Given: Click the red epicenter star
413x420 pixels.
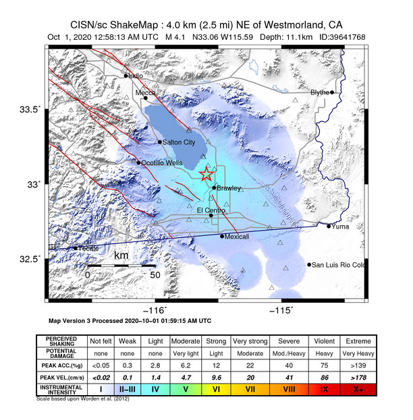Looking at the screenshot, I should pos(206,175).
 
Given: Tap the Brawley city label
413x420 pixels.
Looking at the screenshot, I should pos(229,188).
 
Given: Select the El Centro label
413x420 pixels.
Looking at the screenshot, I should pos(209,210).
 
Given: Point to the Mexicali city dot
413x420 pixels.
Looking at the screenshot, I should pos(223,236).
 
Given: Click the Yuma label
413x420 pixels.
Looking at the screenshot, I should pos(339,227).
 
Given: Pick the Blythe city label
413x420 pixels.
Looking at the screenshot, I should pos(320,92).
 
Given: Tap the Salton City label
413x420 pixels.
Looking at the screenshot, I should pos(180,142).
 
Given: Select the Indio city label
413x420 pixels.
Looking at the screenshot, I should pos(137,76).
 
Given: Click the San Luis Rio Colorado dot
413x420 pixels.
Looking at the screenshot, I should pos(310,264).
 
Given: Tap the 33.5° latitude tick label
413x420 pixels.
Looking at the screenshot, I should pos(30,109).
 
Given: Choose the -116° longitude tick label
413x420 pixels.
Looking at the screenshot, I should pos(158,309).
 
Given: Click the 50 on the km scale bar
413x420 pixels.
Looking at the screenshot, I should pos(154,275).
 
